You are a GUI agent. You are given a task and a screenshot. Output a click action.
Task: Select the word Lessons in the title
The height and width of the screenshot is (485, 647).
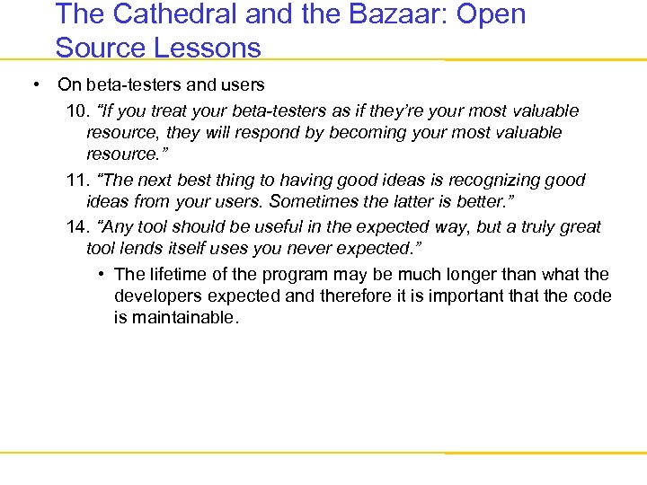(x=206, y=47)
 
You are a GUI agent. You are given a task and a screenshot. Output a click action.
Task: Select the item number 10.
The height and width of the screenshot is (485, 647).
(x=78, y=110)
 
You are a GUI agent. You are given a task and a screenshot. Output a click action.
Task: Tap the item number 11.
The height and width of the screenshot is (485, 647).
(x=78, y=180)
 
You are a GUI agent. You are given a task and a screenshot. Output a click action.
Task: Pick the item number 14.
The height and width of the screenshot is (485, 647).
(x=78, y=227)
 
